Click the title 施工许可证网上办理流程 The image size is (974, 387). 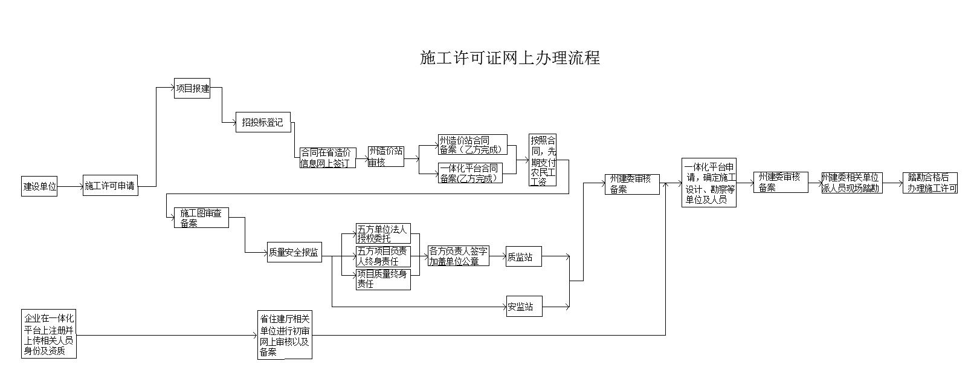[x=509, y=58]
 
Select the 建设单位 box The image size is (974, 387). [x=40, y=186]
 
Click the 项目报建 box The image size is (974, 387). [x=192, y=88]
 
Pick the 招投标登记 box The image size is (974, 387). [x=263, y=122]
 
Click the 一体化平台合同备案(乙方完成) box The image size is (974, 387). [x=470, y=173]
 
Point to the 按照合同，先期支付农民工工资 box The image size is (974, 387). [x=542, y=160]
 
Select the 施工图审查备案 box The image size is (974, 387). [x=201, y=218]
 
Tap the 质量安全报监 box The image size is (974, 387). [x=294, y=252]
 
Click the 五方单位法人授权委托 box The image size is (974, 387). [x=384, y=233]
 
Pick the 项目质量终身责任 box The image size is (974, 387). [x=384, y=279]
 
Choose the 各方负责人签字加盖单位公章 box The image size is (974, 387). [x=458, y=256]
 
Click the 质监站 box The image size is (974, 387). [x=524, y=256]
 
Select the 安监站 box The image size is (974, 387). [x=524, y=307]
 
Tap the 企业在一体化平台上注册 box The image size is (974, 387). [x=49, y=334]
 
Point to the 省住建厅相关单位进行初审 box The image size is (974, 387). [x=285, y=335]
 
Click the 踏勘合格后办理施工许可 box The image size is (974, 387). [x=930, y=183]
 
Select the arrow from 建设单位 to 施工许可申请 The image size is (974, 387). [x=70, y=186]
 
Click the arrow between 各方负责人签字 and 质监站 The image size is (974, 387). [x=497, y=256]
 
